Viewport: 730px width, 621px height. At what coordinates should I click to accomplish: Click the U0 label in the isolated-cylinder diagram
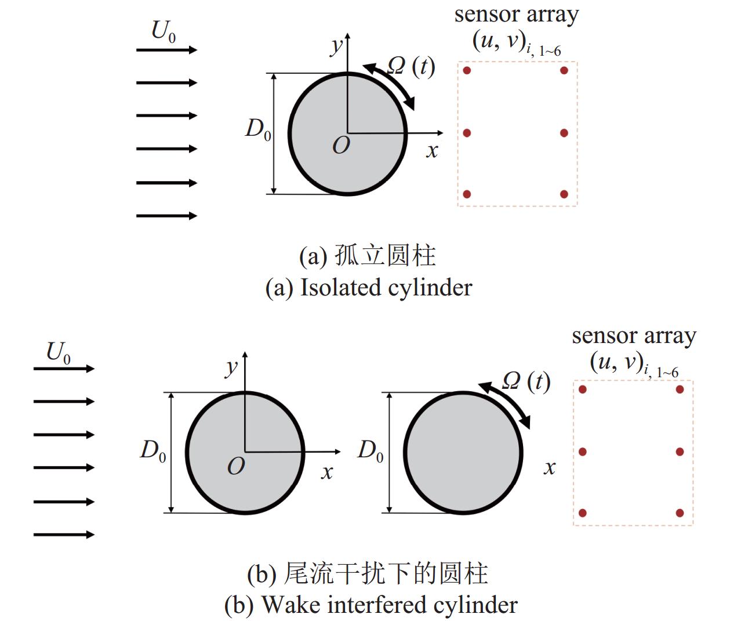pos(163,31)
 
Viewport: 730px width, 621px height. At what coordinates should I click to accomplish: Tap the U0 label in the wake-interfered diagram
pos(58,352)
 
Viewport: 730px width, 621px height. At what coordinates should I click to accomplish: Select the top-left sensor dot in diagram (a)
pos(467,71)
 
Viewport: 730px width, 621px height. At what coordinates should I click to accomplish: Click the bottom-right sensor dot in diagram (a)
pos(564,194)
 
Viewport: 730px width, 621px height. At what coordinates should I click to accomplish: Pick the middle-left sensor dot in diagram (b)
pos(583,452)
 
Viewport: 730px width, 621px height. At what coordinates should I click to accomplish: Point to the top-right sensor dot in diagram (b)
pos(680,389)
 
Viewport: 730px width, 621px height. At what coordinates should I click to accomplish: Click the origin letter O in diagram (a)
pos(341,146)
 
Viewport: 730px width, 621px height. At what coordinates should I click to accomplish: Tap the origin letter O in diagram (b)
pos(236,466)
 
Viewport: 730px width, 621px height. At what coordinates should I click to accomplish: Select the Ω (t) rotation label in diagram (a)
pos(411,66)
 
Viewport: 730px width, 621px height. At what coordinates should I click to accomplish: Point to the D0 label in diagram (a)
pos(258,129)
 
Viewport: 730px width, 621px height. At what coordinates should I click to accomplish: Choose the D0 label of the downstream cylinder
pos(371,450)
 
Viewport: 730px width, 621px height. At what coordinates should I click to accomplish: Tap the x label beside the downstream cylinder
pos(549,468)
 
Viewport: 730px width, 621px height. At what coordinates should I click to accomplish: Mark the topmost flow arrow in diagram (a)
pos(166,50)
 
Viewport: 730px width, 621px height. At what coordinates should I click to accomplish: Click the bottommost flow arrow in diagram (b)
pos(63,535)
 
